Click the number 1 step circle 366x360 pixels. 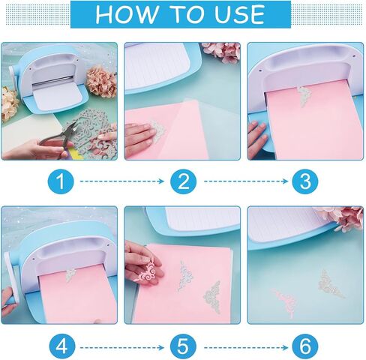coord(61,181)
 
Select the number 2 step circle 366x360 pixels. coord(184,181)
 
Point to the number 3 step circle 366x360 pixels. coord(305,181)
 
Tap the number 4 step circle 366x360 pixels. coord(61,347)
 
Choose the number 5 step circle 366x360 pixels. coord(183,347)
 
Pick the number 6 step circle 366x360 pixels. coord(305,347)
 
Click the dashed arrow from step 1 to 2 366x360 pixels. coord(122,181)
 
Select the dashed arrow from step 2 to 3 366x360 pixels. coord(246,181)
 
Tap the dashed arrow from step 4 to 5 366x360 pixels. coord(122,347)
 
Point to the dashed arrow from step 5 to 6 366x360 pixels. coord(246,347)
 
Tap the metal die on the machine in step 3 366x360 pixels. coord(304,96)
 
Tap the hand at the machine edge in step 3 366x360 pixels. coord(257,139)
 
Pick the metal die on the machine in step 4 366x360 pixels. coord(70,275)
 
